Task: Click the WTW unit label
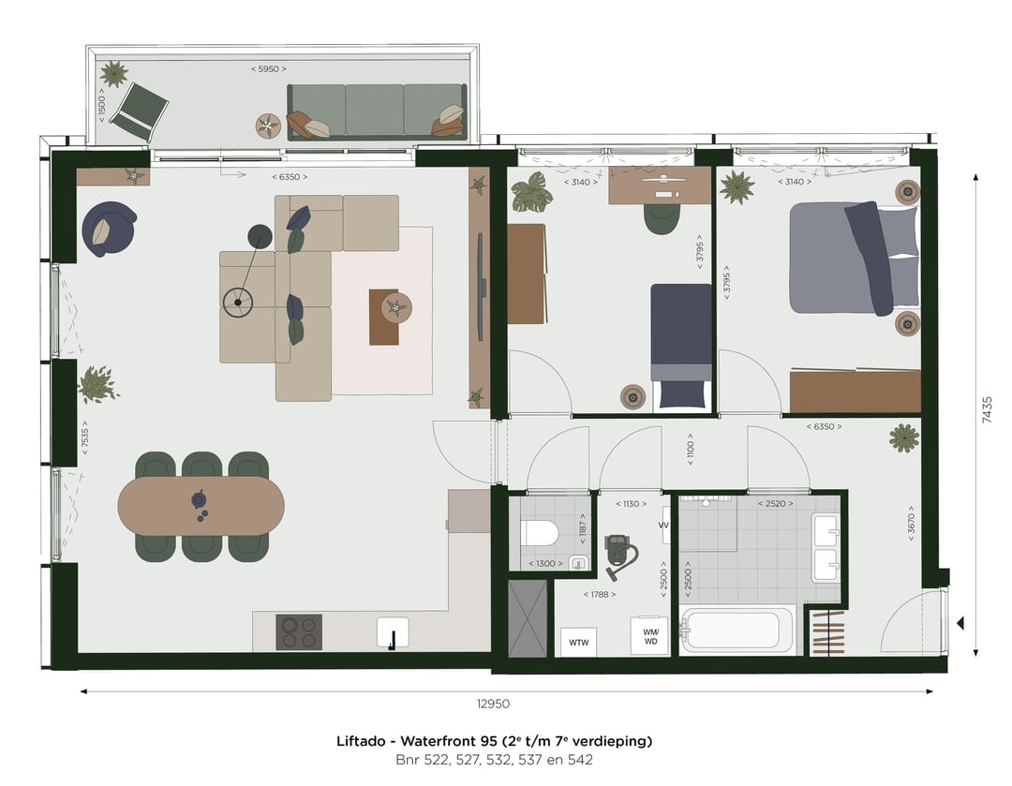click(576, 643)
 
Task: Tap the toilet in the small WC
click(540, 534)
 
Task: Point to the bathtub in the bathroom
click(737, 630)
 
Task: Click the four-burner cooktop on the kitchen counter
click(299, 632)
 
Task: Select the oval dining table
click(201, 506)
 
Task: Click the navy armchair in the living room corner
click(108, 229)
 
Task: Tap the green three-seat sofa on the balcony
click(376, 111)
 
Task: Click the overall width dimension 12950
click(493, 704)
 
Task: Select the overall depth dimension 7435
click(987, 411)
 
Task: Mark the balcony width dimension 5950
click(269, 69)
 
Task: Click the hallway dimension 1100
click(691, 448)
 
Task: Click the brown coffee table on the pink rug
click(391, 317)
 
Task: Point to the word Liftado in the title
click(359, 741)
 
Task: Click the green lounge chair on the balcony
click(139, 111)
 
